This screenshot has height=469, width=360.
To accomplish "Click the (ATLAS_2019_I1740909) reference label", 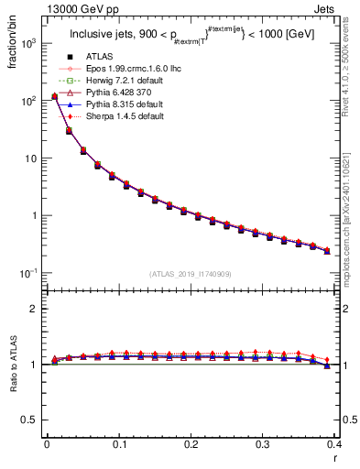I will pyautogui.click(x=189, y=274).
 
